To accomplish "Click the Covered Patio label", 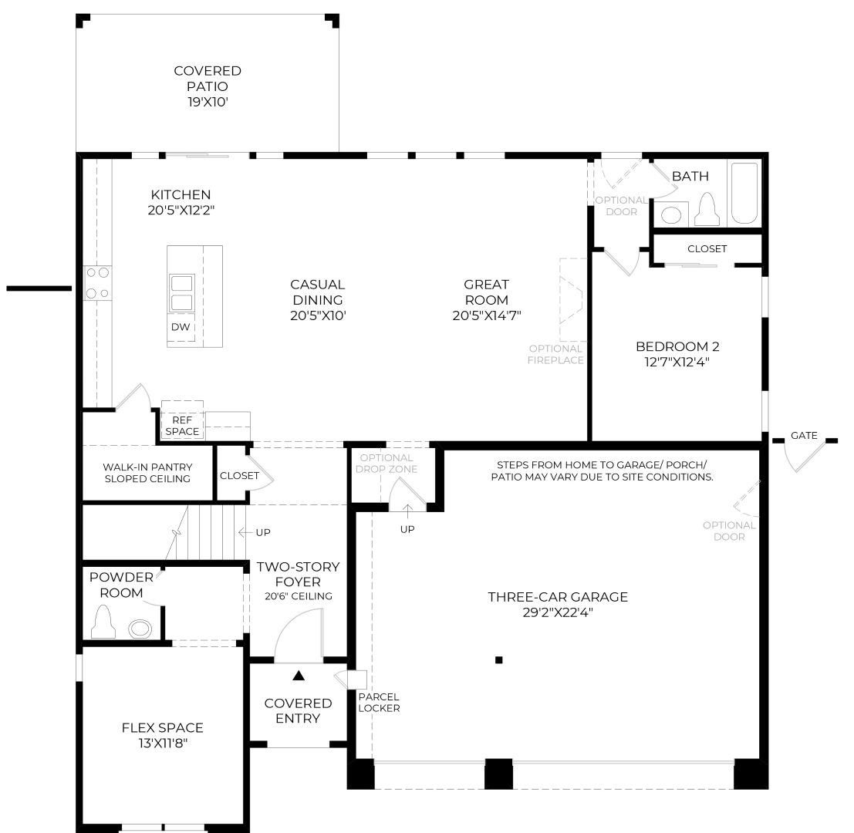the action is tap(208, 86).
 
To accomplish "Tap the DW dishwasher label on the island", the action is tap(181, 327).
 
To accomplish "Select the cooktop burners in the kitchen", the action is tap(97, 282).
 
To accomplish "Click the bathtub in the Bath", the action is tap(744, 194).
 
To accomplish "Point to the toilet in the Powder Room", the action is tap(103, 622).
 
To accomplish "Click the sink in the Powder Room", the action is tap(140, 629).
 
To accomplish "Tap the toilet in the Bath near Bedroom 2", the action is tap(707, 209).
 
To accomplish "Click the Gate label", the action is tap(804, 436).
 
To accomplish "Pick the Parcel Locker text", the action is tap(379, 703).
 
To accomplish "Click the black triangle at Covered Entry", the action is tap(299, 676).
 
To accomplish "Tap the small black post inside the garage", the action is tap(498, 660).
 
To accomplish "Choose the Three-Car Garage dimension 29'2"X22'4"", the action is tap(558, 612).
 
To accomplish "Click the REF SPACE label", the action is tap(182, 426).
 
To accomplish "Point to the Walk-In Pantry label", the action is tap(147, 473).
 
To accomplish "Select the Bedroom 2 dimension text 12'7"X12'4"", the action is tap(677, 362).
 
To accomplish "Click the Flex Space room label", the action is tap(162, 728).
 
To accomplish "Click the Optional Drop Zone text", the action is tap(386, 464).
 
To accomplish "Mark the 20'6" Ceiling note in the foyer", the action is tap(299, 596).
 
